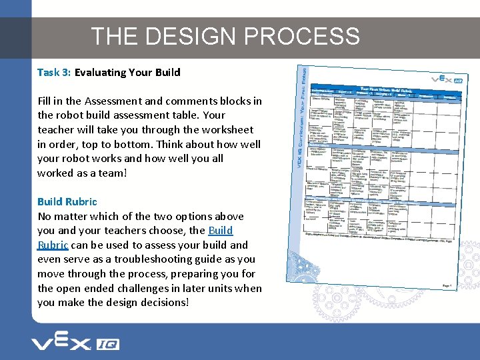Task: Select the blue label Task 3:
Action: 54,72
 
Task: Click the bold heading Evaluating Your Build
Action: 127,72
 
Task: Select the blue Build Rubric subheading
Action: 67,202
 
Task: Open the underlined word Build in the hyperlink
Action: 220,231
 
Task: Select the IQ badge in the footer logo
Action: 107,345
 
